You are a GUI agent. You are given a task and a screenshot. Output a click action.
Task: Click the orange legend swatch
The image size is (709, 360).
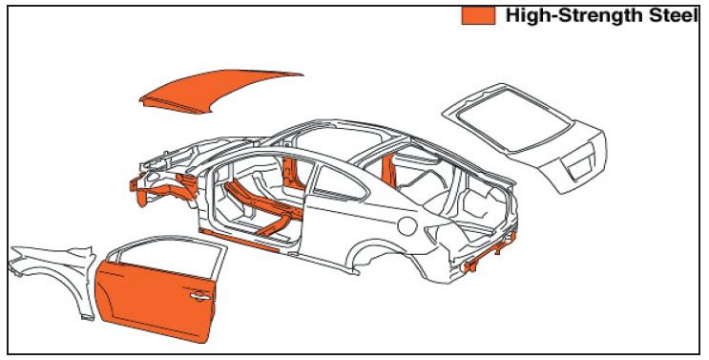[x=477, y=15]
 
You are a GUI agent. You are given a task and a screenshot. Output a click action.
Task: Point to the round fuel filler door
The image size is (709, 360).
[x=407, y=226]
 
